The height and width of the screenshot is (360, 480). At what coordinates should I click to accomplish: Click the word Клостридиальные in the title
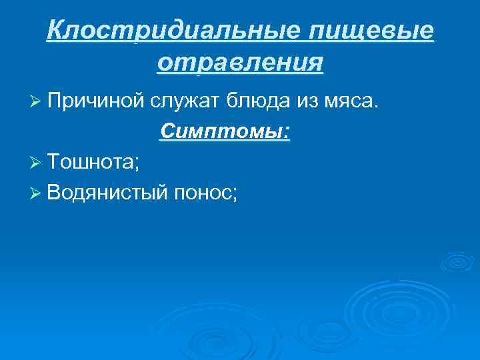point(167,31)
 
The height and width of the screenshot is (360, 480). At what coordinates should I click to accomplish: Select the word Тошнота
point(90,162)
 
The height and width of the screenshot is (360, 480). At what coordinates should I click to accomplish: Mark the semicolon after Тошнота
point(137,164)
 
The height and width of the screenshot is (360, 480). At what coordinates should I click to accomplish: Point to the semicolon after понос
point(234,195)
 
